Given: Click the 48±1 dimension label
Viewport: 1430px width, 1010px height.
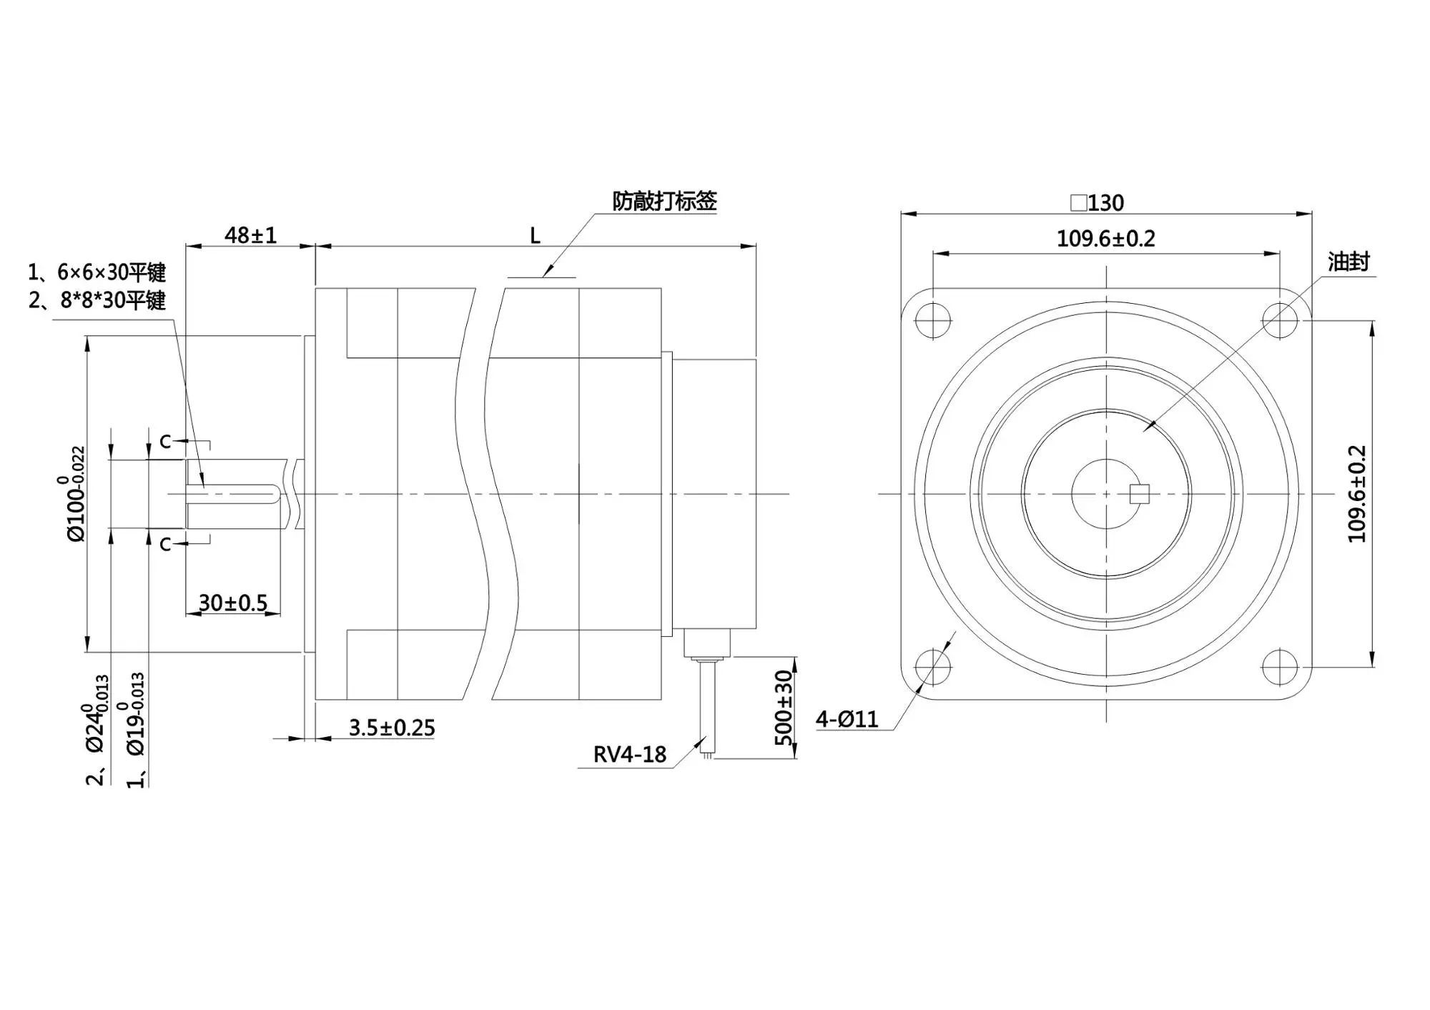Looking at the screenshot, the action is tap(250, 235).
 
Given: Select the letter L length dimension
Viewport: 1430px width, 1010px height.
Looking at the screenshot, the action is tap(535, 236).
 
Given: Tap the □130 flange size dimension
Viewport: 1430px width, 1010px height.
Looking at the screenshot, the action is tap(1097, 203).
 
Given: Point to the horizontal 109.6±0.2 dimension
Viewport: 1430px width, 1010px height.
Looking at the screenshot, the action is tap(1105, 238).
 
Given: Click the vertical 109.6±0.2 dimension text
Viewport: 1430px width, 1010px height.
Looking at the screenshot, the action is tap(1356, 494).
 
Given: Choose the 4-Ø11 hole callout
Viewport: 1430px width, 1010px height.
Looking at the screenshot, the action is tap(847, 718).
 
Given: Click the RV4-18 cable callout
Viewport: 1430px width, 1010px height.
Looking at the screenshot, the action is tap(630, 754).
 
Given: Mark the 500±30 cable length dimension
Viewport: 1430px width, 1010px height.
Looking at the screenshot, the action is tap(784, 708).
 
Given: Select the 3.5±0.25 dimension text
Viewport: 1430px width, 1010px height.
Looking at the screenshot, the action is tap(392, 728).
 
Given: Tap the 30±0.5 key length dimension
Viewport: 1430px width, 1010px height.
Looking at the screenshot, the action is tap(233, 603).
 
